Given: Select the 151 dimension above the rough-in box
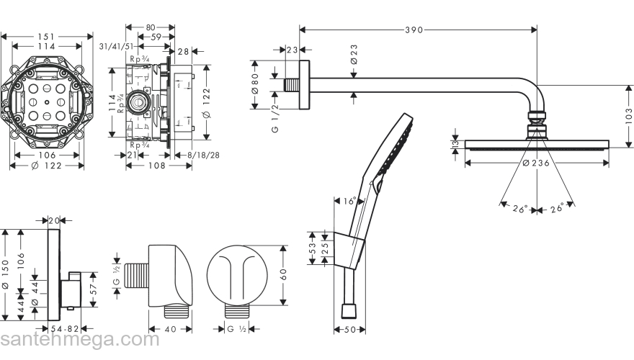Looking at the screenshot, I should [x=47, y=36].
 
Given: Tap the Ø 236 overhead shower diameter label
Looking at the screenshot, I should [x=537, y=163].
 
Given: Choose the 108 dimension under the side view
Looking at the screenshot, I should [x=158, y=166].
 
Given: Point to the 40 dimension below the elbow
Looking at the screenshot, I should [x=171, y=329].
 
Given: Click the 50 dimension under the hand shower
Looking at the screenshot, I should [x=349, y=330].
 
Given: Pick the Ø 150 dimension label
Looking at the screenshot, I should [x=6, y=276].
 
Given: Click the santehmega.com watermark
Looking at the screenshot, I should [x=79, y=340].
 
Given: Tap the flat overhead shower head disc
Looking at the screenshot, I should [x=537, y=146].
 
